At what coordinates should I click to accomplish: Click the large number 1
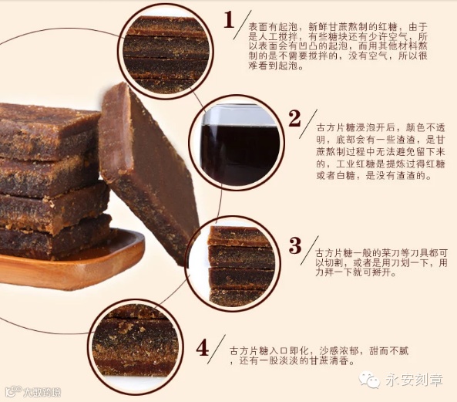(229, 20)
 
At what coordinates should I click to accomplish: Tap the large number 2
(294, 119)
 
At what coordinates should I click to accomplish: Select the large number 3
(295, 245)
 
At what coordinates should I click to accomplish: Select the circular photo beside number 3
(234, 265)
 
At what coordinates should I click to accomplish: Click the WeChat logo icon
(369, 380)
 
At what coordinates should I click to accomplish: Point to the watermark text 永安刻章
(414, 380)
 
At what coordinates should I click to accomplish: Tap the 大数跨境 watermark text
(42, 393)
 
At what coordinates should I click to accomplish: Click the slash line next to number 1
(242, 25)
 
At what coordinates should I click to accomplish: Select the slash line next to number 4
(217, 350)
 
